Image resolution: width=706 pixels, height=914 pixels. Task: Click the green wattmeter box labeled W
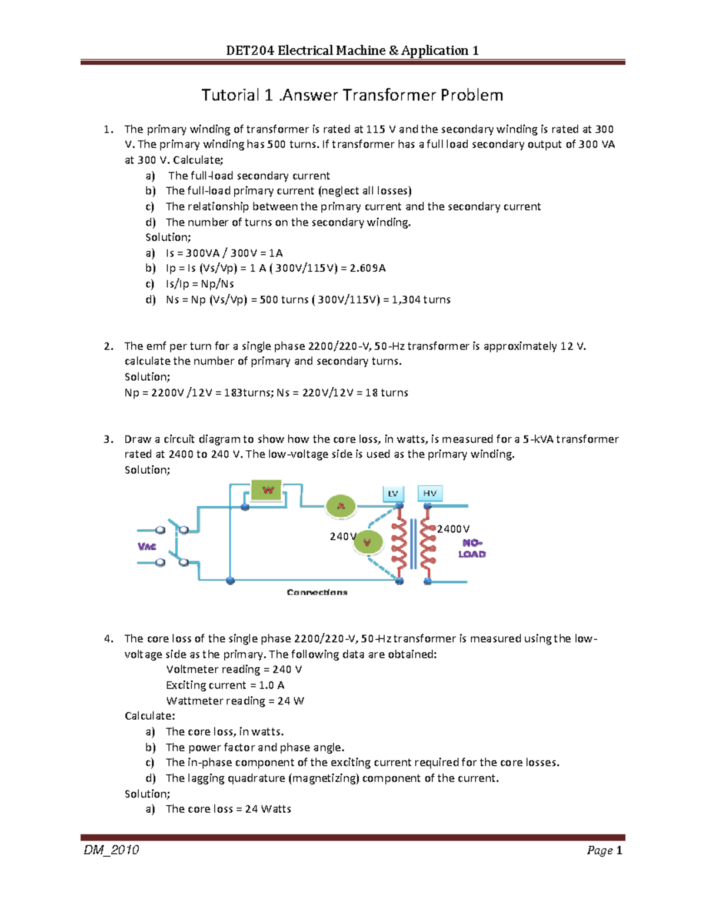[x=268, y=490]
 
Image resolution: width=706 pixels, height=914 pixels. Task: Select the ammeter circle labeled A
[x=341, y=506]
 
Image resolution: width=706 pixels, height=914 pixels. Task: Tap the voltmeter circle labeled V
[x=368, y=542]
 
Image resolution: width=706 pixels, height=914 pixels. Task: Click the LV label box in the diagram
[x=393, y=493]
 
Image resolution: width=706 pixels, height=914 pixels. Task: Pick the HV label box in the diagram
[x=429, y=493]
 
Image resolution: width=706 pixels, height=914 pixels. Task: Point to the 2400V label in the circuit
[x=453, y=529]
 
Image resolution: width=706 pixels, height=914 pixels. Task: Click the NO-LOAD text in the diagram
[x=472, y=549]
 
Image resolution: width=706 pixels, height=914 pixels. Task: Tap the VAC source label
[x=146, y=547]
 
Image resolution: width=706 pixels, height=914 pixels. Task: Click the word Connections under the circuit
[x=317, y=592]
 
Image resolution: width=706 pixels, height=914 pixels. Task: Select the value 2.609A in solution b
[x=368, y=268]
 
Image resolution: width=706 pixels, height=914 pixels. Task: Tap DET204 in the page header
[x=250, y=51]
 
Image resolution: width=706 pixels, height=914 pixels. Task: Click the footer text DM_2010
[x=111, y=850]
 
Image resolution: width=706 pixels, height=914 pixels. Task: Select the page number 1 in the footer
[x=619, y=850]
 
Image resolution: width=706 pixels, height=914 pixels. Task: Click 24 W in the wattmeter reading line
[x=291, y=701]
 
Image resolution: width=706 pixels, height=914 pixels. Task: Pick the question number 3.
[x=108, y=439]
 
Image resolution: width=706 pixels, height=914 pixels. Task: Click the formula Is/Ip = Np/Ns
[x=200, y=284]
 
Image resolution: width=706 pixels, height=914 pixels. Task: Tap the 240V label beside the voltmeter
[x=342, y=536]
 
